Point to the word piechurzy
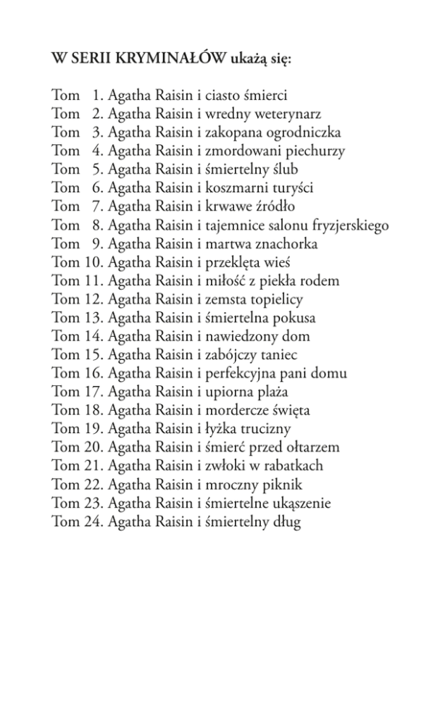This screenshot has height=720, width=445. (315, 151)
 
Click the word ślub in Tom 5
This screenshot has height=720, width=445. (283, 169)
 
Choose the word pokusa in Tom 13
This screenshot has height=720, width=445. (294, 318)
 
